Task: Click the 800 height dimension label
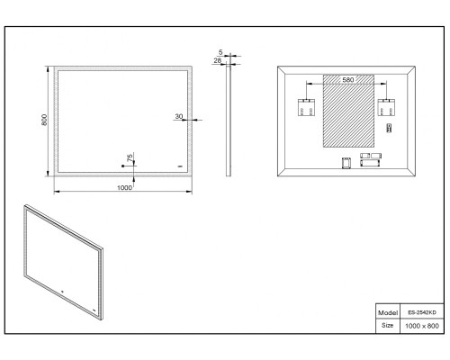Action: click(44, 120)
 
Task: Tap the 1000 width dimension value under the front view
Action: click(124, 188)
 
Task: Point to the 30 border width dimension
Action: click(179, 116)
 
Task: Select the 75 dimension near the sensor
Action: click(130, 157)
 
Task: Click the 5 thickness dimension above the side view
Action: click(220, 52)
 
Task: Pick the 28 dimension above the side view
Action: click(218, 60)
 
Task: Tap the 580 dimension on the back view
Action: click(348, 80)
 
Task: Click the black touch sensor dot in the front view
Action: click(122, 166)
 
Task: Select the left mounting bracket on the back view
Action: click(306, 107)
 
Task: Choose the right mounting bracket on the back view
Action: click(386, 107)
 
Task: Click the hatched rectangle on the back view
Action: click(348, 111)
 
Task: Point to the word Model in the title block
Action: click(388, 313)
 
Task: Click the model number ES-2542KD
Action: click(422, 312)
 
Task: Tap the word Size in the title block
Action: click(387, 325)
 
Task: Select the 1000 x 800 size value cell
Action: click(422, 326)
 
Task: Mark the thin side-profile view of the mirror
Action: click(229, 121)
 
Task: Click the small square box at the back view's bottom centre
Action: click(346, 163)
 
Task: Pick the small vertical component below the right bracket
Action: click(389, 128)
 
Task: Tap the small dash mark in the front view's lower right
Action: click(180, 166)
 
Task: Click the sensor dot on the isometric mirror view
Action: click(62, 291)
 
